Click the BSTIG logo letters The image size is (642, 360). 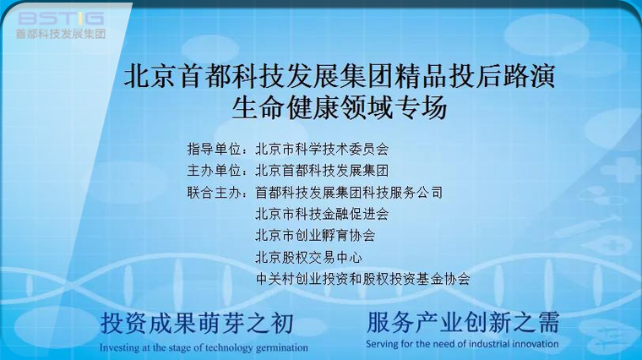61,19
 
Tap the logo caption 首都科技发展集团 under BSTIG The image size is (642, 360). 61,34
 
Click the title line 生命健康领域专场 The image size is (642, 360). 339,107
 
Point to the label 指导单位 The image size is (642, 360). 214,149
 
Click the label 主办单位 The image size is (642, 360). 214,171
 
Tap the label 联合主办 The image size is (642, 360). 214,193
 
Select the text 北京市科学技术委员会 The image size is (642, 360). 322,149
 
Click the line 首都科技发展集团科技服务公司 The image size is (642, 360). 349,193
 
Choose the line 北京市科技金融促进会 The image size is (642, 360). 322,214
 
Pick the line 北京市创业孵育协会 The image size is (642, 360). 315,236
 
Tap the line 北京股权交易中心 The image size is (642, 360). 308,257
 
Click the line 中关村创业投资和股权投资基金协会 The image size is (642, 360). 362,279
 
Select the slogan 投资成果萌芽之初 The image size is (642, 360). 197,324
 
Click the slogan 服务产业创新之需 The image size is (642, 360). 463,322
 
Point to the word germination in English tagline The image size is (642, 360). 281,348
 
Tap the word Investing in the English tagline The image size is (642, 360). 120,348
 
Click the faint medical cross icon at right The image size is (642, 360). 623,170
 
